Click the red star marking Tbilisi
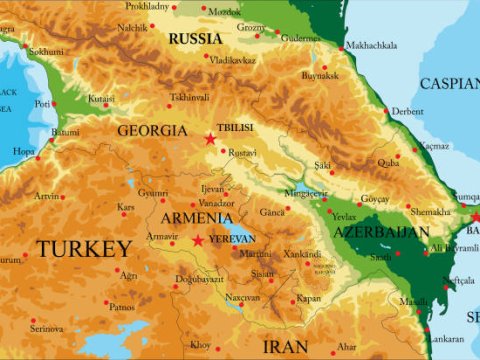(210, 139)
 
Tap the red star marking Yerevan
(198, 240)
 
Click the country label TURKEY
(84, 248)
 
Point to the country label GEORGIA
(152, 130)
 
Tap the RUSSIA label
(195, 39)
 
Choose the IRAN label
(286, 346)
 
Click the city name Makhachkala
(371, 46)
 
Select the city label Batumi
(65, 132)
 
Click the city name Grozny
(280, 26)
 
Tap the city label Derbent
(407, 112)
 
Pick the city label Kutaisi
(101, 99)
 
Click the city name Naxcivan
(242, 297)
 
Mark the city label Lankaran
(445, 338)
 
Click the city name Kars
(125, 207)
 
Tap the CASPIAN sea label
(449, 83)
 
